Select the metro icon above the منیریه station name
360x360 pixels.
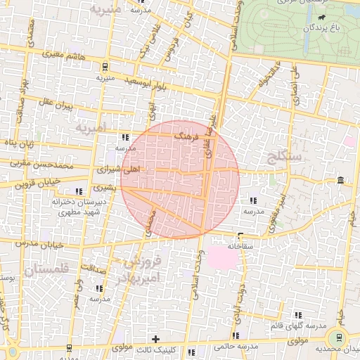105,67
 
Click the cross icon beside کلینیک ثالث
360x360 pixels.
156,339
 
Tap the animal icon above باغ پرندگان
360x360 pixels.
321,16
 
